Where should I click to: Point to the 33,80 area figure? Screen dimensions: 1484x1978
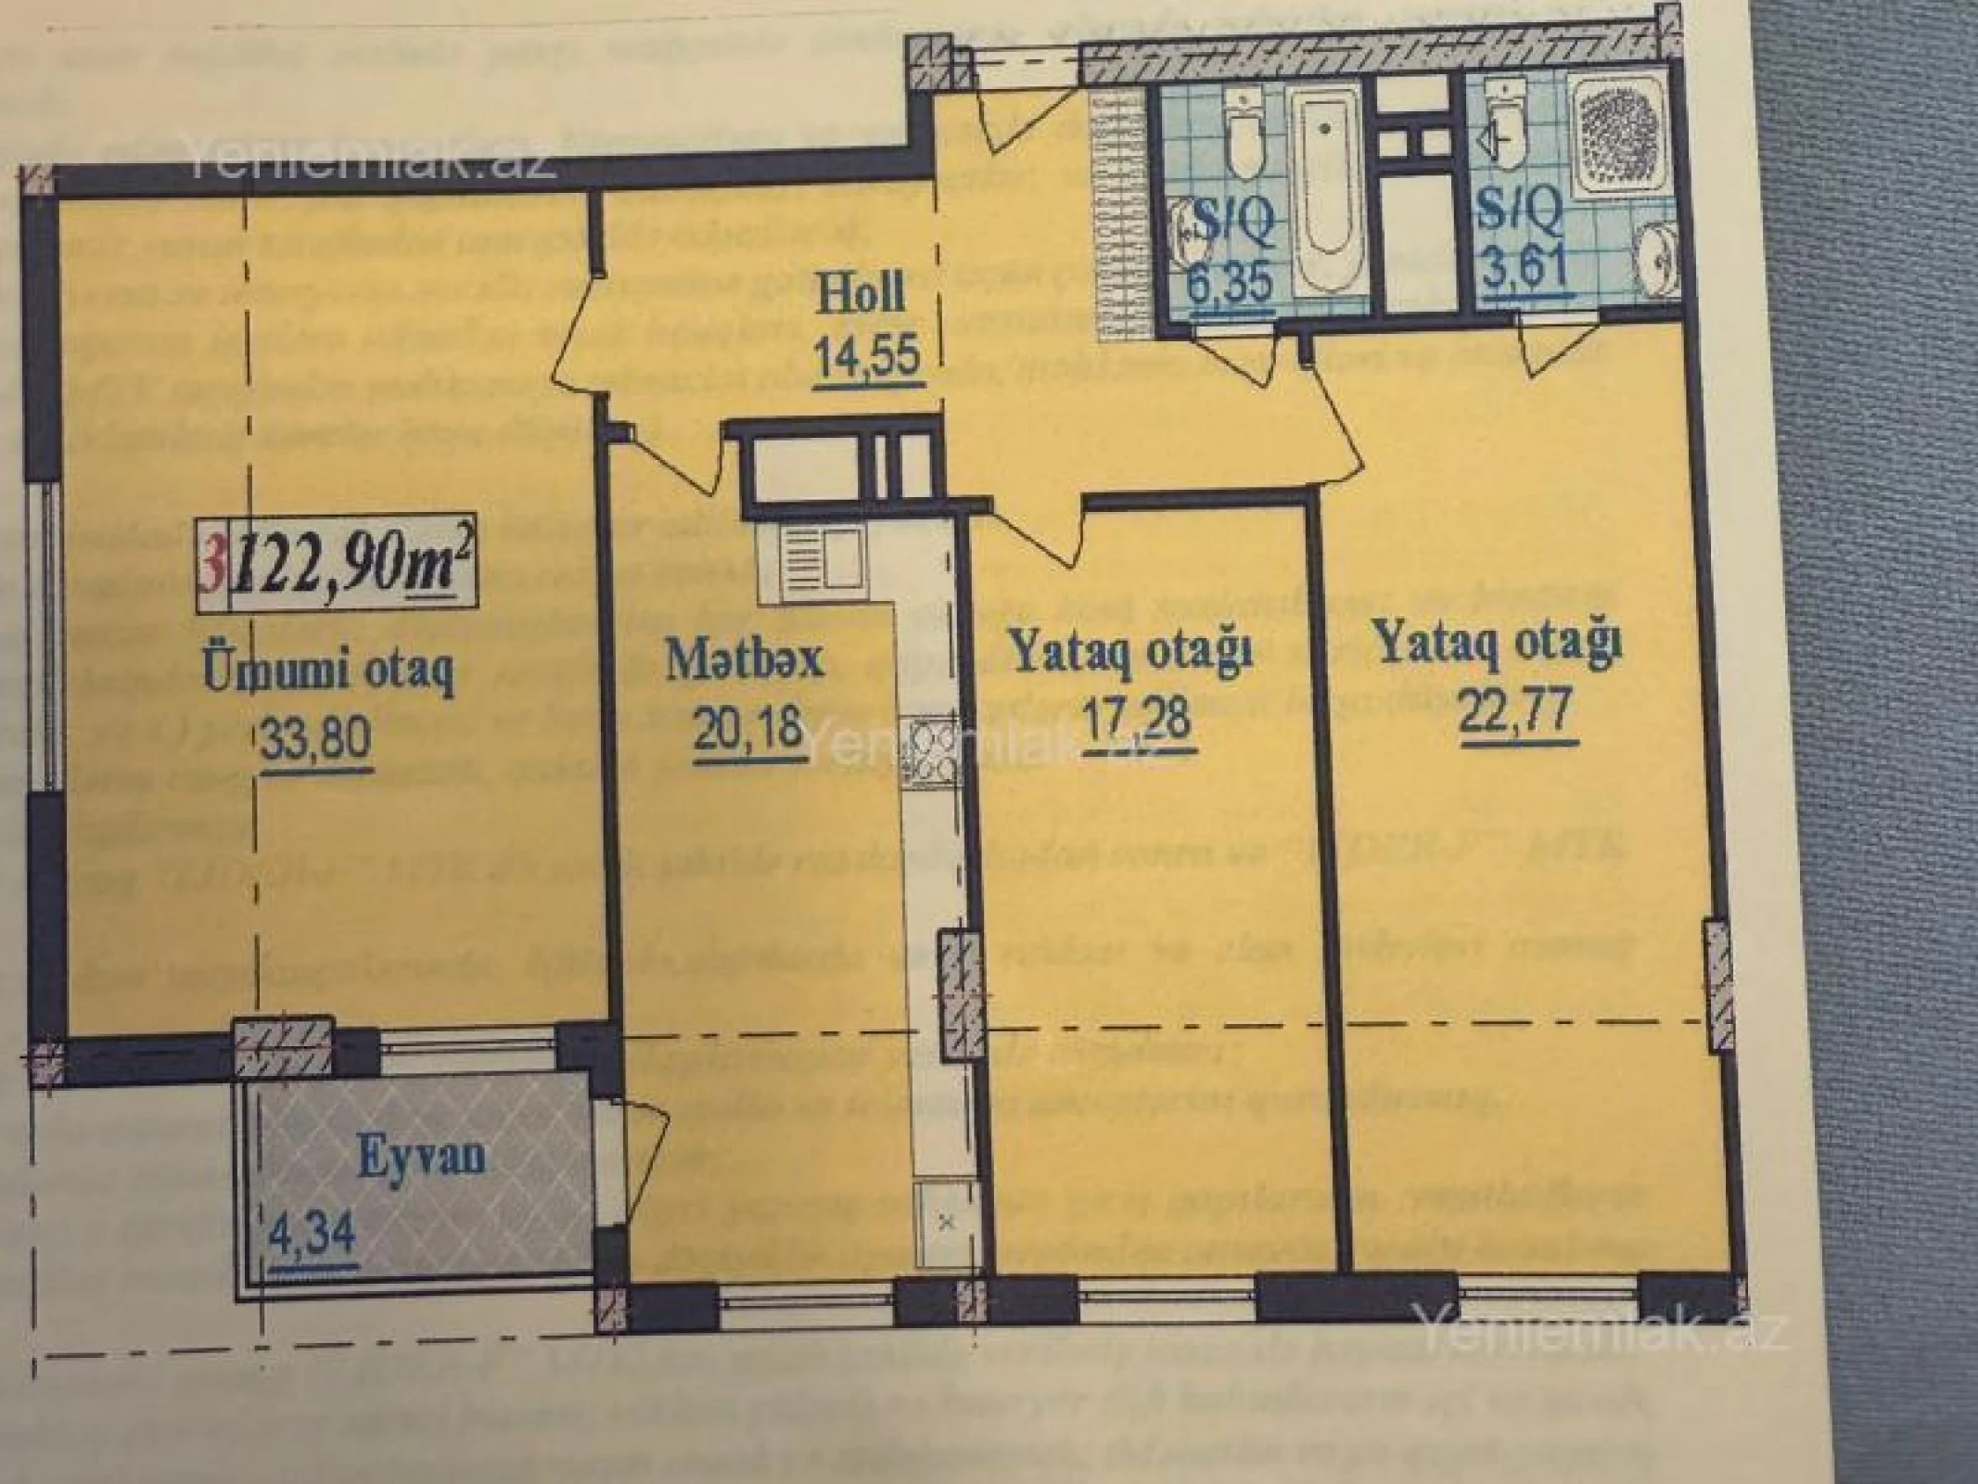[x=316, y=739]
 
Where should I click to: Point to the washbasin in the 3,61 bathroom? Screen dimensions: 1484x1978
[x=1651, y=255]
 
